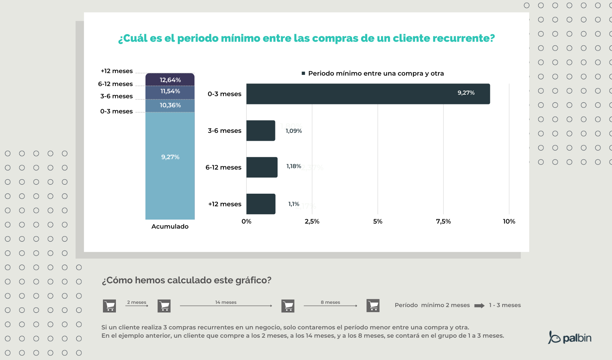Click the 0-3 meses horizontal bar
point(368,94)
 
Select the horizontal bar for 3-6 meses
point(261,131)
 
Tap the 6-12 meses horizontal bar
point(262,167)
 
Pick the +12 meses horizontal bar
point(261,204)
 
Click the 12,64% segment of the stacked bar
point(170,80)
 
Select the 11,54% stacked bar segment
point(170,92)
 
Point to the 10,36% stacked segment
point(170,105)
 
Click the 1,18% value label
point(293,166)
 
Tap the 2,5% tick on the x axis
point(312,221)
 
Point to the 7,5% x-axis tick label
point(443,221)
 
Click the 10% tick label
point(509,221)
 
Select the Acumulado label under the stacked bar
point(170,226)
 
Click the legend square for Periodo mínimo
point(303,73)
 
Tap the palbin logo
point(570,338)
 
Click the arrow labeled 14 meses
point(226,306)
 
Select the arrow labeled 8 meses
point(330,306)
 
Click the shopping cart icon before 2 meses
point(109,306)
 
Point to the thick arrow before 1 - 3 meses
point(479,306)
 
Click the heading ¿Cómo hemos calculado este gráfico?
point(186,280)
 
